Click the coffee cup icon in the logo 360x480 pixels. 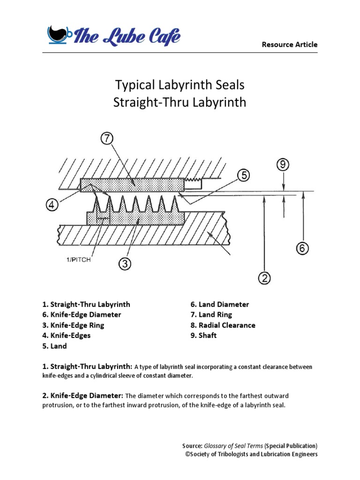[x=59, y=34]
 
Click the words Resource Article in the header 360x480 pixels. [x=289, y=45]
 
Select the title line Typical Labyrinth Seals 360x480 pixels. [x=180, y=85]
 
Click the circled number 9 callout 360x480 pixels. [x=284, y=165]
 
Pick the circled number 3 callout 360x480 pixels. [x=124, y=264]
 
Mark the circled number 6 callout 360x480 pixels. [x=302, y=248]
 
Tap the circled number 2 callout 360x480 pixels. [x=265, y=278]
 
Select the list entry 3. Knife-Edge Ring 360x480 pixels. [x=74, y=325]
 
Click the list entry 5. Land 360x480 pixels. [x=55, y=346]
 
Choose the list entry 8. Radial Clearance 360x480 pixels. [x=223, y=325]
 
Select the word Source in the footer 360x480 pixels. [x=192, y=445]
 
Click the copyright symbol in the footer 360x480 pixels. [x=187, y=454]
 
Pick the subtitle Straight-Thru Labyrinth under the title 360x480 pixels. [x=180, y=102]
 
